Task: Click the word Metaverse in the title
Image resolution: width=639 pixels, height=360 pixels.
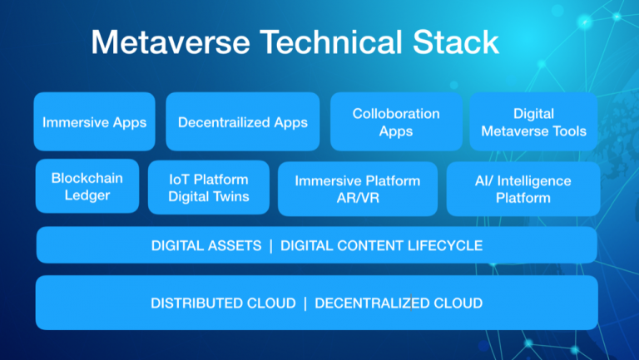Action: coord(171,42)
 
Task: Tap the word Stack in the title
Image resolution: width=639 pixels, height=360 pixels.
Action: coord(456,42)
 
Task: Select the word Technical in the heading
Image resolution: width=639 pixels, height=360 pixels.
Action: coord(331,42)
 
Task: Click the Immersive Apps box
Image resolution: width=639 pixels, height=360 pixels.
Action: coord(95,121)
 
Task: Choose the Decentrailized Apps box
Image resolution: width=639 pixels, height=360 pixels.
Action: coord(243,121)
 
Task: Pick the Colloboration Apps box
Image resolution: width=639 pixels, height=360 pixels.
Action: coord(396,121)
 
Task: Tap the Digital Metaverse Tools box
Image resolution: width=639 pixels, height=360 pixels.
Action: coord(533,121)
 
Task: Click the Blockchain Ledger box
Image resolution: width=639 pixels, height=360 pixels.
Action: coord(87,186)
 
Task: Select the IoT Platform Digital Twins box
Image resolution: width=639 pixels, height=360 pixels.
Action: coord(209,187)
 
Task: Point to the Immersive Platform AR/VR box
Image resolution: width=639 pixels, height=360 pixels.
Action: coord(358,189)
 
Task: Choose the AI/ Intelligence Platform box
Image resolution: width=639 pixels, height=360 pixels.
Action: coord(523,189)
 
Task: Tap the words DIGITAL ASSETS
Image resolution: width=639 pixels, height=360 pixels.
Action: coord(206,245)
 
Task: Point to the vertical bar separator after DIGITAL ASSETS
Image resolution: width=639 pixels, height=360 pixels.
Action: coord(271,246)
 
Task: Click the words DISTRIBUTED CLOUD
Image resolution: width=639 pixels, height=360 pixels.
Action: coord(223,303)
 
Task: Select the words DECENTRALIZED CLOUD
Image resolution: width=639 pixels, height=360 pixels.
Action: coord(399,303)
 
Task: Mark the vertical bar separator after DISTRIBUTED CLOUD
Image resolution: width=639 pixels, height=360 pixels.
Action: coord(305,303)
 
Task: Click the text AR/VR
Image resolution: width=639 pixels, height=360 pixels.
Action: coord(358,198)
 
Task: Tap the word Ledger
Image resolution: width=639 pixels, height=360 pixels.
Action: coord(87,195)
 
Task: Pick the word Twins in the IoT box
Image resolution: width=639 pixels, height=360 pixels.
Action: coord(234,197)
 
